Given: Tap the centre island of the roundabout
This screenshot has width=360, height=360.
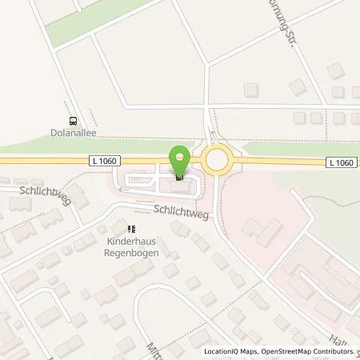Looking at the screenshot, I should pyautogui.click(x=216, y=161).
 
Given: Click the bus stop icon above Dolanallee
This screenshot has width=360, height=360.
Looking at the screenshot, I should pyautogui.click(x=74, y=122).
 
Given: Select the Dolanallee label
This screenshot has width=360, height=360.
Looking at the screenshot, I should pyautogui.click(x=74, y=134).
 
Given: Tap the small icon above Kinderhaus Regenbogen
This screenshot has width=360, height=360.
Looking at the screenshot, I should pyautogui.click(x=121, y=228).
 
